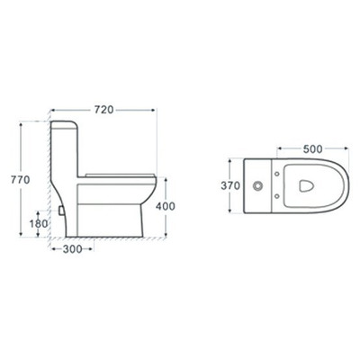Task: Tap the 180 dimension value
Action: point(39,224)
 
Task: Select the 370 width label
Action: point(230,187)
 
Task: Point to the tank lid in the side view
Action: point(66,121)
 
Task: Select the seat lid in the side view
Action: point(121,171)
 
